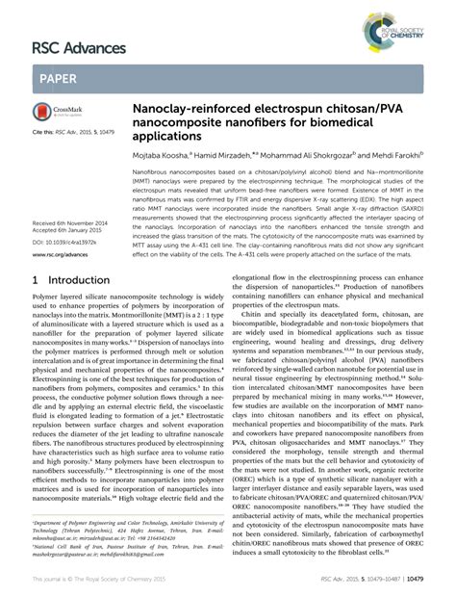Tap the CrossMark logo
pos(59,113)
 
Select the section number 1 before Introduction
pos(37,280)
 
